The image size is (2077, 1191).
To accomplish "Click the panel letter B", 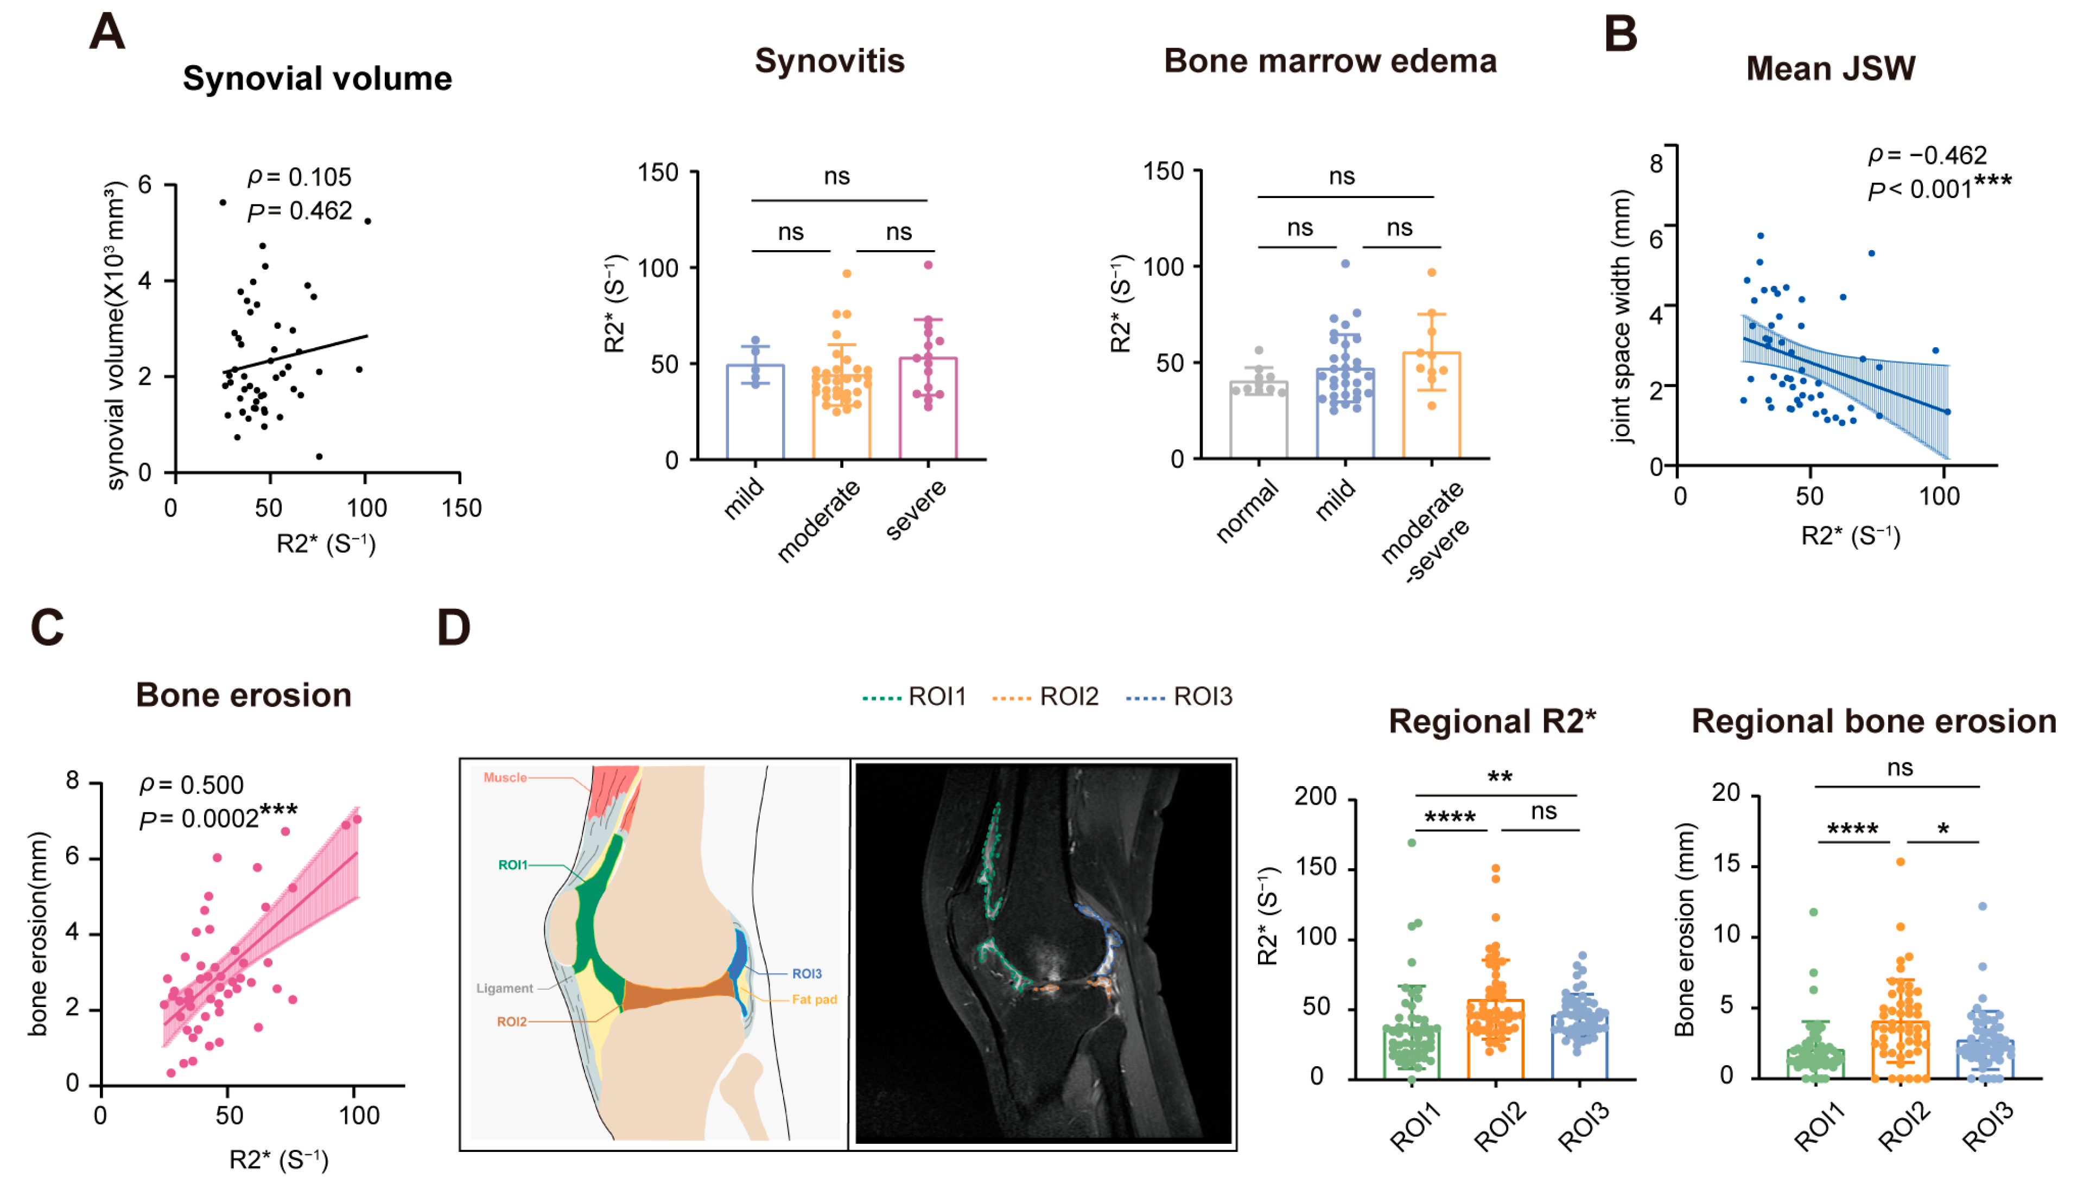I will (1621, 34).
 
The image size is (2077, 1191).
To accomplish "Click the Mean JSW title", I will (1830, 69).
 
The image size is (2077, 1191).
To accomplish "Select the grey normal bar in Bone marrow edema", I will (1258, 421).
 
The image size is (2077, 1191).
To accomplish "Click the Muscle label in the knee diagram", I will (505, 777).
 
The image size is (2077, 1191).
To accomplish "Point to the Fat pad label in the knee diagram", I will (814, 999).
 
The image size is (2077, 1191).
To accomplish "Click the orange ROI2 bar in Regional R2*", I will (1495, 1039).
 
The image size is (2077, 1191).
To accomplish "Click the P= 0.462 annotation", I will (300, 211).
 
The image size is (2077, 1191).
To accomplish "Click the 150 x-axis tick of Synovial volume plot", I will (461, 508).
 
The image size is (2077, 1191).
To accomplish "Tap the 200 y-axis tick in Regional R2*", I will (1314, 796).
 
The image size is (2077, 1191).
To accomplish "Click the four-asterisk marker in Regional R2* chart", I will (1450, 817).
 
